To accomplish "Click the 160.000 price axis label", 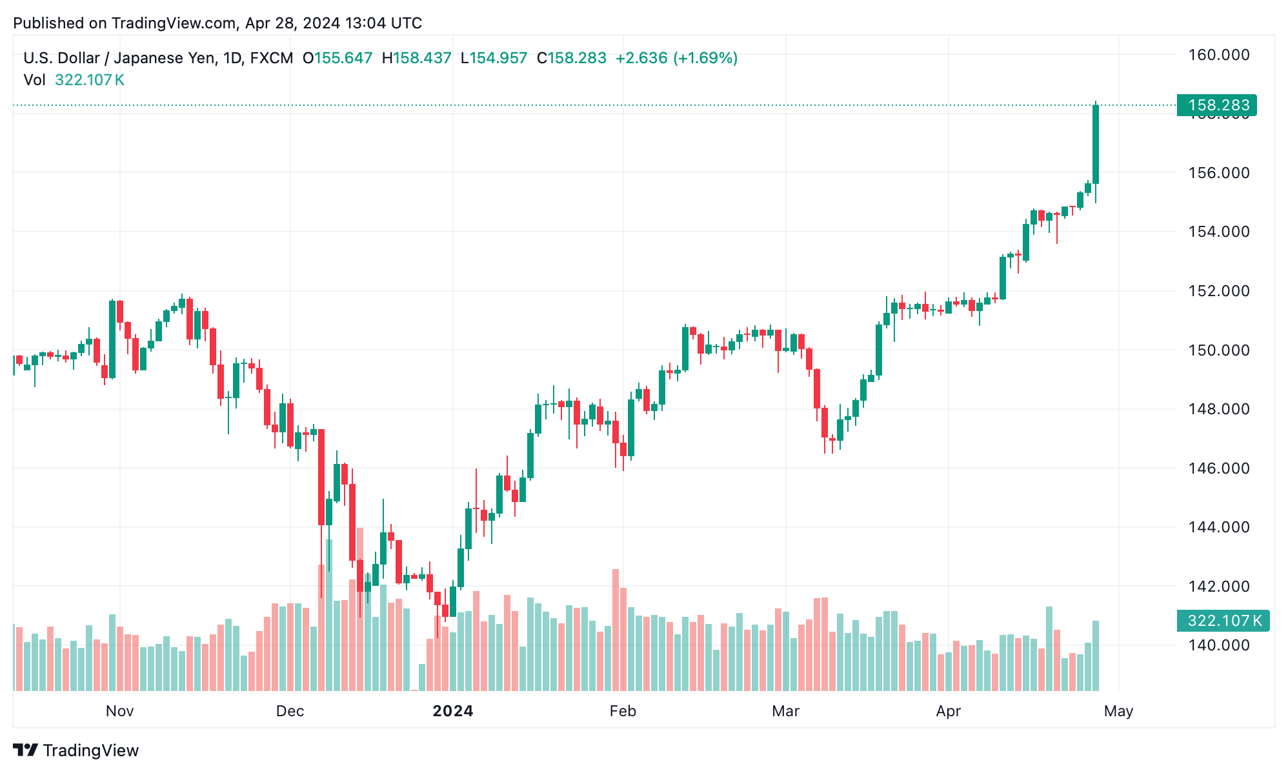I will (1218, 55).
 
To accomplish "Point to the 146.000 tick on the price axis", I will (1218, 468).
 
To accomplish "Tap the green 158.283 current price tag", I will (1217, 105).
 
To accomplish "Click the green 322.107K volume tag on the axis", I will (1222, 621).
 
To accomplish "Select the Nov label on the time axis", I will (119, 711).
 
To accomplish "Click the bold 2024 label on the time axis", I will (452, 711).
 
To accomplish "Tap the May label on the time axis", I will (1118, 711).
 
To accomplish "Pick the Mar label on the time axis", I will (785, 711).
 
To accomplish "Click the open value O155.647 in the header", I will (337, 58).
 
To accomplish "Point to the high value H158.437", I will (416, 58).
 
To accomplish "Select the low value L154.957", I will (494, 58).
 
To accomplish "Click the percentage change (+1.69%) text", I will (705, 58).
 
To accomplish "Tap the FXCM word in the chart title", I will (271, 58).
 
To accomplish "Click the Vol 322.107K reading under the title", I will (74, 80).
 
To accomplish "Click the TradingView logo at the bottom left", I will (76, 750).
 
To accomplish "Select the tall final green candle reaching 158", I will (1096, 145).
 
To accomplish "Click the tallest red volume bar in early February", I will (616, 629).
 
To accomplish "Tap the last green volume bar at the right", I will (1096, 655).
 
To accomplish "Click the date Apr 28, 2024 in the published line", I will (292, 23).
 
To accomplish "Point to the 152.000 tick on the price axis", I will (1218, 291).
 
